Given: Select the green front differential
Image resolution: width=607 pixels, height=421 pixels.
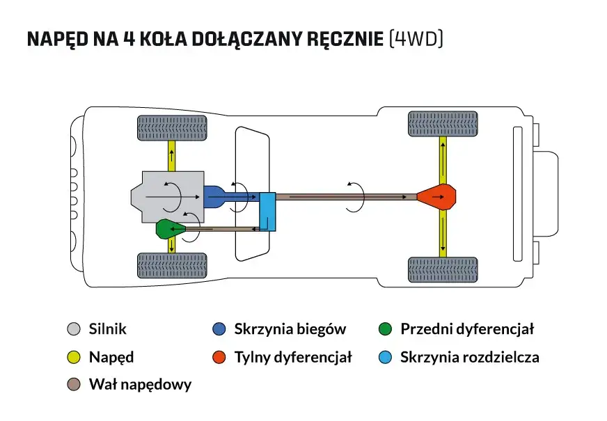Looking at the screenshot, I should point(169,228).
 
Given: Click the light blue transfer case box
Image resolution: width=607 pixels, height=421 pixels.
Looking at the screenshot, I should point(267,212).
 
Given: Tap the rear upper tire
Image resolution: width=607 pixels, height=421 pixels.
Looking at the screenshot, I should point(442,124).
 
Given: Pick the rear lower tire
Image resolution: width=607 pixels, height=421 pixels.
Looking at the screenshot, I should point(442,269).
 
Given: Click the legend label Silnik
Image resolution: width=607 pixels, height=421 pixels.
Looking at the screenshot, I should point(108,329).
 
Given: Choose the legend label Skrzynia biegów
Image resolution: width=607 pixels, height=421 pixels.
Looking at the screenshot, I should point(290,329).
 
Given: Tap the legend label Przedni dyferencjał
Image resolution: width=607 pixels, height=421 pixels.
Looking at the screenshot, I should point(466,329).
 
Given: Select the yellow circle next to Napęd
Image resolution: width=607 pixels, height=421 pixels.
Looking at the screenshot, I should point(74,358).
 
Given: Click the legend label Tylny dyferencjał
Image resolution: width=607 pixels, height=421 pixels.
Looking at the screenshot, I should point(292,358).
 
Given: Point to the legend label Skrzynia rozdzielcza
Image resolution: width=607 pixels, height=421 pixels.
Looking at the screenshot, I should point(469,358).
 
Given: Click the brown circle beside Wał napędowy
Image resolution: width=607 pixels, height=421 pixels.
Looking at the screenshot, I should point(74,384).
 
